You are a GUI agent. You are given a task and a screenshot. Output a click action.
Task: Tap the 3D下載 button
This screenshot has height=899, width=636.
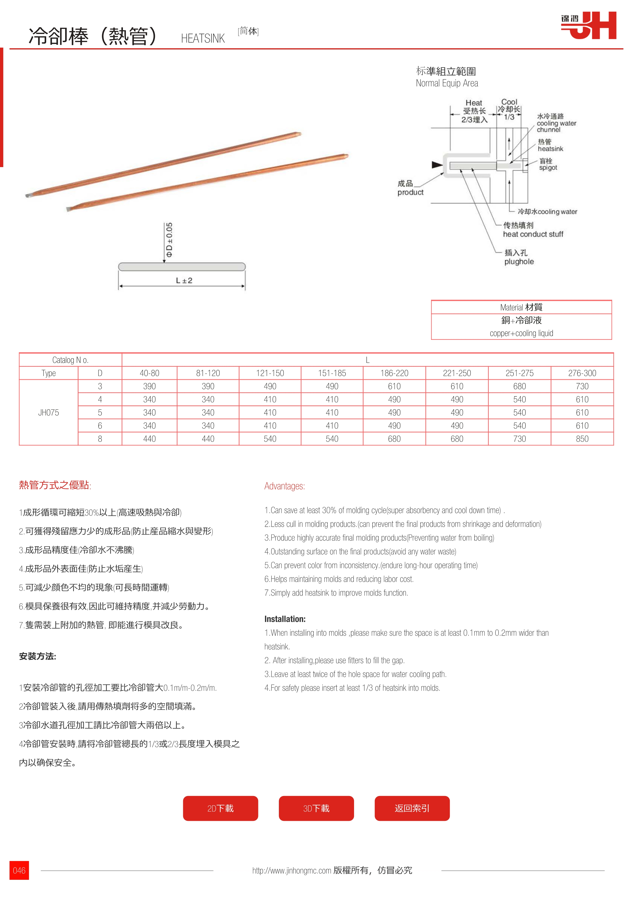click(x=316, y=808)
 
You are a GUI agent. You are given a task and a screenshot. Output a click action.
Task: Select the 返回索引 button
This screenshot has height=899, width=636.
click(x=412, y=808)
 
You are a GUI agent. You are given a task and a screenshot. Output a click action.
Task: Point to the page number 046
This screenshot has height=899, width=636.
click(x=19, y=870)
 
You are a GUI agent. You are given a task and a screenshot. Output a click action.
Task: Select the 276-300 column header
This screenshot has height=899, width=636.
click(x=582, y=373)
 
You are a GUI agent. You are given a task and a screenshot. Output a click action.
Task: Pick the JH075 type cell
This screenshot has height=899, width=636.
click(x=48, y=413)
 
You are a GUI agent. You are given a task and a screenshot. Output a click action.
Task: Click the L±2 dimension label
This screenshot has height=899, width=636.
click(x=184, y=280)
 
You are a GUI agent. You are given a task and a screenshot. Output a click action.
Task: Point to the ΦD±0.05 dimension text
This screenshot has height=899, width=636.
click(x=169, y=240)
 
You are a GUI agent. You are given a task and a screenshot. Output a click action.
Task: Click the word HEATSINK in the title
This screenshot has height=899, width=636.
click(x=203, y=38)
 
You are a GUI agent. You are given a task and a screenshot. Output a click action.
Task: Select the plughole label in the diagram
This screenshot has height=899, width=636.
click(x=519, y=262)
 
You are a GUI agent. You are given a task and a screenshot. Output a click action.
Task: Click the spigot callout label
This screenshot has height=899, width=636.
click(x=548, y=168)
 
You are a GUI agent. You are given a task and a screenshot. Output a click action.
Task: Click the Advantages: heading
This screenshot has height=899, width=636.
click(x=285, y=486)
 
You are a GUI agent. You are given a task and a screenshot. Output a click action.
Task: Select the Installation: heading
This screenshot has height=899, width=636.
click(x=285, y=619)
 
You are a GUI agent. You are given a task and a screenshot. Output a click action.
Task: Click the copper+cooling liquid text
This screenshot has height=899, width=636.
click(x=521, y=333)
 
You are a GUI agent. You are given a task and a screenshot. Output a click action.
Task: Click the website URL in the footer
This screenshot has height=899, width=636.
click(x=291, y=870)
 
